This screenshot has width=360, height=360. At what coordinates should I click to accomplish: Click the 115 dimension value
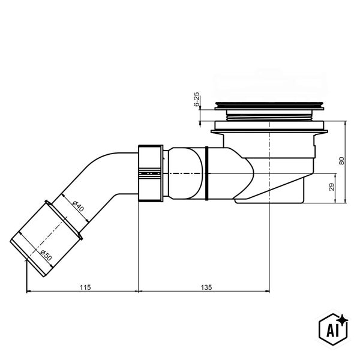[85, 287]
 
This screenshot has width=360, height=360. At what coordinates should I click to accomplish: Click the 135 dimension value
[206, 287]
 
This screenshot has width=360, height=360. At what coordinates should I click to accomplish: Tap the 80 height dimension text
[341, 161]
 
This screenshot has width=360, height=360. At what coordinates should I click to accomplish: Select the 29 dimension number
[332, 187]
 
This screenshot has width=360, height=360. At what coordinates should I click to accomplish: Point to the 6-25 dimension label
[197, 99]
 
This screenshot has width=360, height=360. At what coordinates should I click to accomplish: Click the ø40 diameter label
[78, 206]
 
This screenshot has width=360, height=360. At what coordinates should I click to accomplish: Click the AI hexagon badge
[333, 329]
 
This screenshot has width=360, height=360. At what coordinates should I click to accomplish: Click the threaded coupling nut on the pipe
[151, 173]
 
